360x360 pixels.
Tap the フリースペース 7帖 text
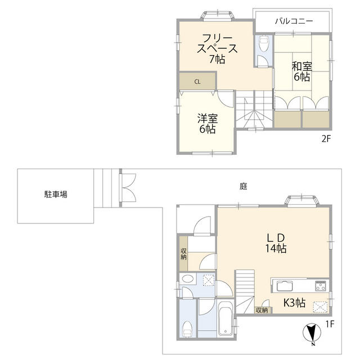click(217, 48)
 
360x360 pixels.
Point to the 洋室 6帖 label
click(207, 124)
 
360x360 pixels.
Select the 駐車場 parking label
click(56, 195)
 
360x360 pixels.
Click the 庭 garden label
click(243, 187)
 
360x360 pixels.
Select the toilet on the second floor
click(263, 43)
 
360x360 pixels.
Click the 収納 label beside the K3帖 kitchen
click(262, 310)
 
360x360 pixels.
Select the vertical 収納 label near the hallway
click(183, 254)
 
